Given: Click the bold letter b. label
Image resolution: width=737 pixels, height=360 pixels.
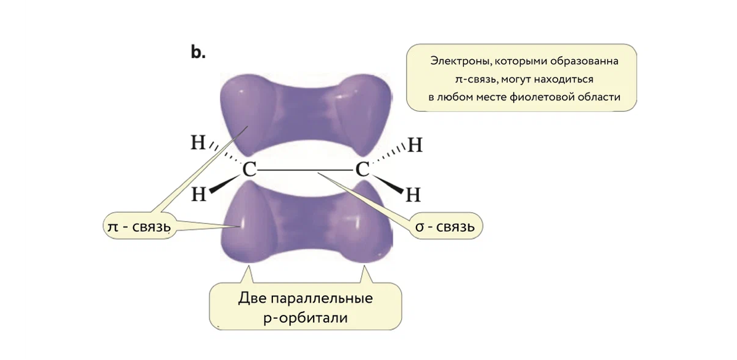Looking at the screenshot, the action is point(198,53).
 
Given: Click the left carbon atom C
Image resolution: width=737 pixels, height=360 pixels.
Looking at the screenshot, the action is point(248,170).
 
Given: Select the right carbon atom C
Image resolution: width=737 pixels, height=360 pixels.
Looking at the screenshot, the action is point(362,170).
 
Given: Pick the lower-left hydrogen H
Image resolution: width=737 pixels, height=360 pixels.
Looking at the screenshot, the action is point(198,194).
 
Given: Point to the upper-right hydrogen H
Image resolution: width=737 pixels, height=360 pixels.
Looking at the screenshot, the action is point(415,145).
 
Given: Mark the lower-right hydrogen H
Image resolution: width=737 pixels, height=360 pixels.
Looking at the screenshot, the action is point(413,195).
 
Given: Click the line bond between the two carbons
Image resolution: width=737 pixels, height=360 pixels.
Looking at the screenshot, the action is point(305,170).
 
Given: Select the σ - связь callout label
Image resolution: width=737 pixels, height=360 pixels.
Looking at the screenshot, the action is point(444,227).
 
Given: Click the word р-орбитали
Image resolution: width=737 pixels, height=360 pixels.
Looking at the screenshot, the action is point(306,319).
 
